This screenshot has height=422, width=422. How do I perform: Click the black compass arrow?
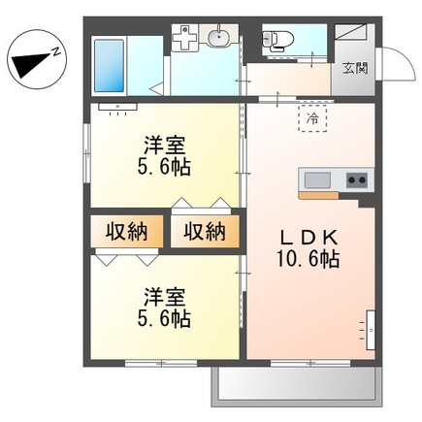[x=31, y=64]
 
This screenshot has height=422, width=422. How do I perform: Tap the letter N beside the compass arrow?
[x=57, y=49]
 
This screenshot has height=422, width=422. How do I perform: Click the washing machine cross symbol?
[x=183, y=39]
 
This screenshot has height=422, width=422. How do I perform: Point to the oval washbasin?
[x=219, y=38]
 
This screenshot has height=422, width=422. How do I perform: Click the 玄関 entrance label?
[x=354, y=68]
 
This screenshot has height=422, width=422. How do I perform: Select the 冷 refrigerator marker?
[x=312, y=118]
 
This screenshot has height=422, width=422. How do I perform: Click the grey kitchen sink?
[x=318, y=179]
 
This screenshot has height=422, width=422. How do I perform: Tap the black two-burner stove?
[x=354, y=179]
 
